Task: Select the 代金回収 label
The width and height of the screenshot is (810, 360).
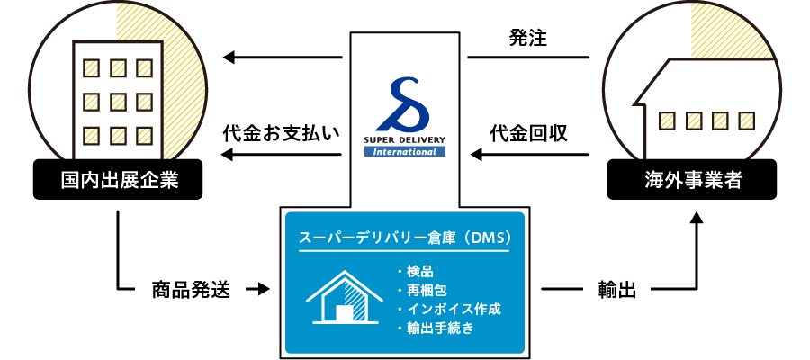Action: pyautogui.click(x=528, y=134)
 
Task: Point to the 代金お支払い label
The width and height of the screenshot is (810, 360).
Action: pyautogui.click(x=281, y=134)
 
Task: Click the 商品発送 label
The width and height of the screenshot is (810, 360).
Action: pyautogui.click(x=190, y=290)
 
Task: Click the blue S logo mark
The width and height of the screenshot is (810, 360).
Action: pyautogui.click(x=405, y=104)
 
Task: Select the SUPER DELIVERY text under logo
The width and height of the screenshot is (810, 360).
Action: pyautogui.click(x=405, y=140)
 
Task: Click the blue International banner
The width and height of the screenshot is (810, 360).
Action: pyautogui.click(x=405, y=151)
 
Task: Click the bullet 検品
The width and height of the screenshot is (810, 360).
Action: pyautogui.click(x=419, y=271)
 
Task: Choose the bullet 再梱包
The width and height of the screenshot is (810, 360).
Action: pyautogui.click(x=425, y=290)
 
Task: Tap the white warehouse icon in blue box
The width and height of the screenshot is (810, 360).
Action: pyautogui.click(x=339, y=297)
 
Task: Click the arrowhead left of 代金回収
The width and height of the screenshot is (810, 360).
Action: pyautogui.click(x=477, y=157)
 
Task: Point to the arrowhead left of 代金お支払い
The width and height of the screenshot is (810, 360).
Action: pyautogui.click(x=229, y=157)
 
